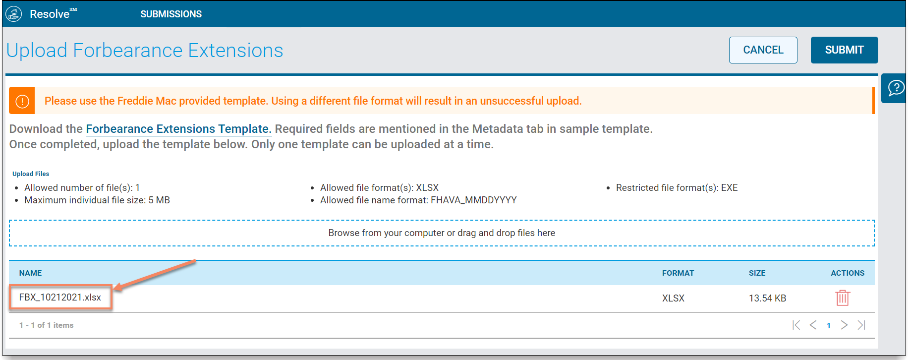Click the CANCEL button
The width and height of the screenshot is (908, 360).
coord(763,50)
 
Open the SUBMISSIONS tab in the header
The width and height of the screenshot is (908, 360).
coord(171,14)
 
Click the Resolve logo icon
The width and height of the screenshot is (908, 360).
coord(14,14)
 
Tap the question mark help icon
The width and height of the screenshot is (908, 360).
coord(896,88)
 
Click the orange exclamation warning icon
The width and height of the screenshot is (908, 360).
coord(22,101)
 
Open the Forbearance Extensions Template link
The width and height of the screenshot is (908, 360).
coord(178,129)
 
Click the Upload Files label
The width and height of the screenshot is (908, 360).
coord(31,174)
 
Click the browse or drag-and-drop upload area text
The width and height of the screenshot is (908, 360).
coord(442,233)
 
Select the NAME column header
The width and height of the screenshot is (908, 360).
coord(30,273)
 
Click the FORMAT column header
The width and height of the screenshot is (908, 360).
coord(678,273)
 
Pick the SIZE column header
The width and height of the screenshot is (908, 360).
coord(757,273)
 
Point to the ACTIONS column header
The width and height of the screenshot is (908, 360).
coord(848,273)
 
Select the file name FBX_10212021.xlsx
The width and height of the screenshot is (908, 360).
coord(60,298)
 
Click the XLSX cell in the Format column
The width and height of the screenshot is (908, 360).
coord(673,298)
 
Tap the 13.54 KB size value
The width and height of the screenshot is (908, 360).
coord(767,298)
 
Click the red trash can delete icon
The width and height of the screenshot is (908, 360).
coord(843,298)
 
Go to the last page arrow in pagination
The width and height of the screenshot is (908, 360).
coord(861,325)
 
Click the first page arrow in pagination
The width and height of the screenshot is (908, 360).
coord(796,325)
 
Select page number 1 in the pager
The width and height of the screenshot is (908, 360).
coord(829,326)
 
